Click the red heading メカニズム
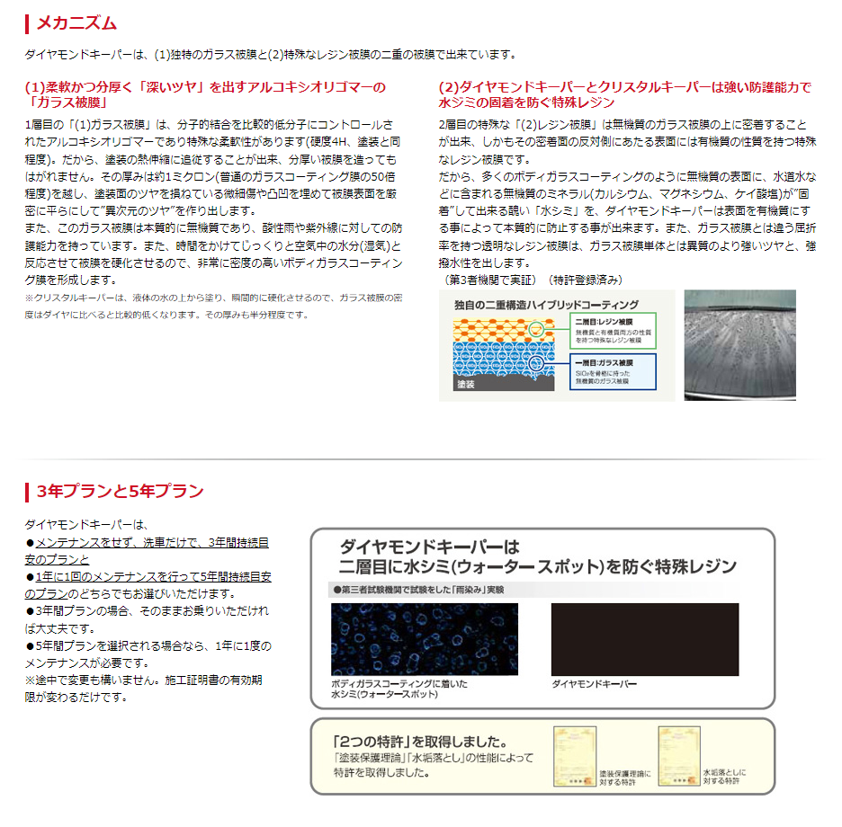click(76, 23)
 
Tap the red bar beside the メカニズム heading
click(27, 23)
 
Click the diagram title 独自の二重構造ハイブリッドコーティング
click(546, 306)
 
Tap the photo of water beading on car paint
click(739, 344)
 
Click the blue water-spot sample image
click(425, 639)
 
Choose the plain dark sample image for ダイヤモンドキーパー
click(644, 639)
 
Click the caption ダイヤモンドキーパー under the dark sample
click(594, 685)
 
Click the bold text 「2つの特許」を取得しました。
click(420, 743)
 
